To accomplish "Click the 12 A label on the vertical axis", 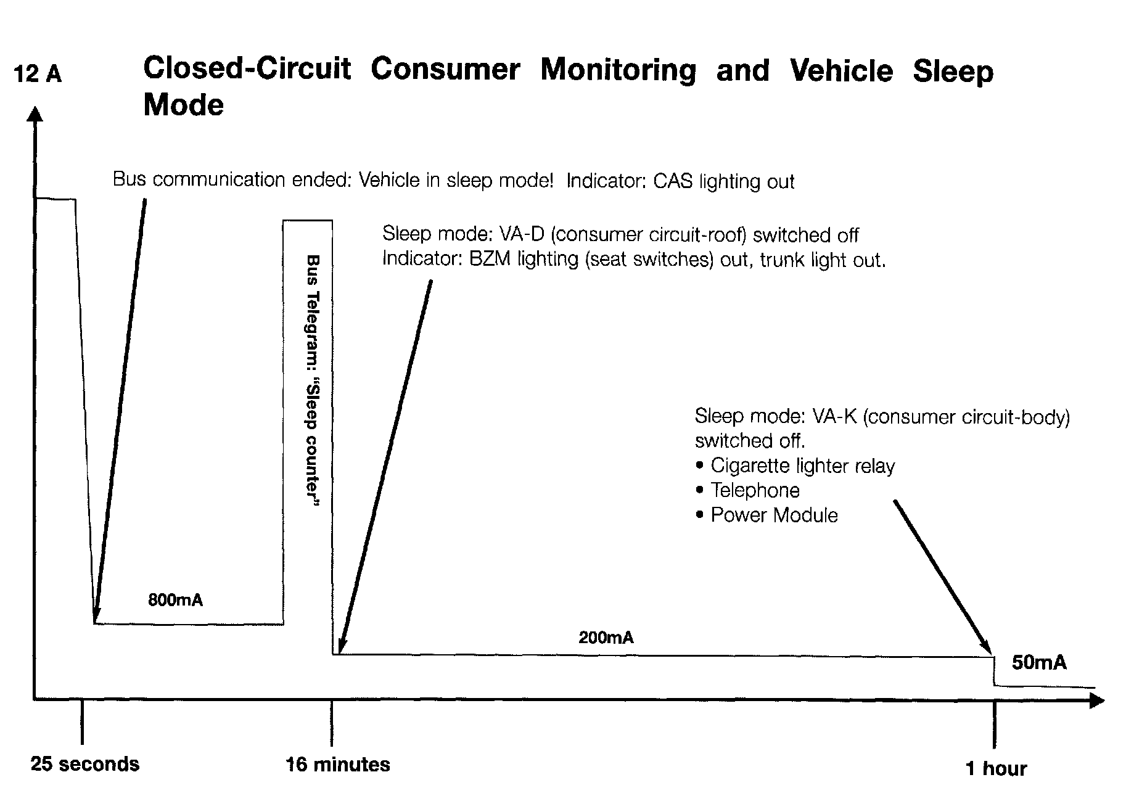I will click(x=38, y=75).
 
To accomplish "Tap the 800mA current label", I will click(x=175, y=600).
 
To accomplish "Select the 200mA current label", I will click(x=606, y=638).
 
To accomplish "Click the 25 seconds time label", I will click(x=85, y=765).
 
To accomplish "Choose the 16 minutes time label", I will click(x=337, y=765).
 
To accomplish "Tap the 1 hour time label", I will click(x=996, y=769).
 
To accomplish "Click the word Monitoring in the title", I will click(x=618, y=70).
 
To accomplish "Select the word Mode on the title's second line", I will click(x=183, y=105).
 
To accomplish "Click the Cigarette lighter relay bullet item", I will click(x=802, y=466).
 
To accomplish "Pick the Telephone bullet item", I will click(x=755, y=491).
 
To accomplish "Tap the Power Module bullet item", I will click(x=774, y=515).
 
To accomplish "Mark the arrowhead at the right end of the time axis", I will click(x=1096, y=701).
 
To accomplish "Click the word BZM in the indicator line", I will click(x=490, y=259).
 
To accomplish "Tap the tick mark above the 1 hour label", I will click(x=994, y=725).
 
